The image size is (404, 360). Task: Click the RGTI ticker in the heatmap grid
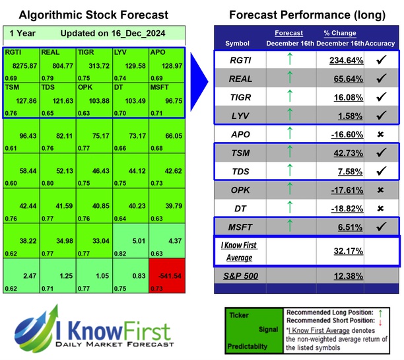14,52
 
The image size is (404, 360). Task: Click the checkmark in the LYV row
381,115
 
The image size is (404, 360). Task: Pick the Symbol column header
238,43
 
